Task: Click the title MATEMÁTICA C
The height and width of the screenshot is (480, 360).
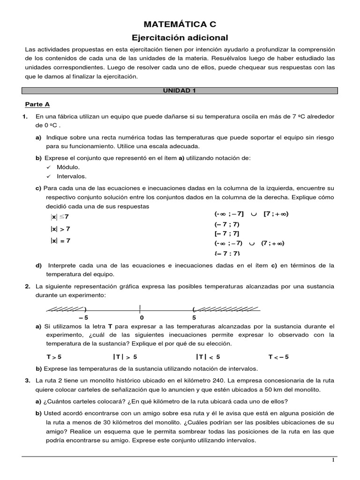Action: click(180, 24)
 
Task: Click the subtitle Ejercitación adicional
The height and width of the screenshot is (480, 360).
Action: click(180, 37)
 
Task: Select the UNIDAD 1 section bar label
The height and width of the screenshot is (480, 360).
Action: click(180, 91)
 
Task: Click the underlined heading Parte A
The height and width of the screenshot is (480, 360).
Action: click(37, 105)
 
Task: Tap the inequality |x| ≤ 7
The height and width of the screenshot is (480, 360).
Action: click(60, 217)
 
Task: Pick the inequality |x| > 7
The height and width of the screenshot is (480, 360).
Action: click(60, 229)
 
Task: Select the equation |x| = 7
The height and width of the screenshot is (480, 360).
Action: click(60, 240)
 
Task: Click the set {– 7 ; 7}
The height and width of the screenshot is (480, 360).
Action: click(227, 254)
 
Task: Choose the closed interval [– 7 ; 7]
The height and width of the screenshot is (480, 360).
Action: click(227, 233)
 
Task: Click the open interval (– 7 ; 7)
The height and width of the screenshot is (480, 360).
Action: click(227, 224)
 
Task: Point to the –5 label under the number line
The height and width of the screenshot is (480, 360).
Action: click(83, 317)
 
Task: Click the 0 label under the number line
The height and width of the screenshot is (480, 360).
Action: click(142, 317)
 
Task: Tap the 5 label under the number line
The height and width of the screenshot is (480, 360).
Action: click(194, 317)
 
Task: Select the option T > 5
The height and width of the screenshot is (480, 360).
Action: click(54, 357)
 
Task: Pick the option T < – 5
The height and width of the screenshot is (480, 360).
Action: click(278, 357)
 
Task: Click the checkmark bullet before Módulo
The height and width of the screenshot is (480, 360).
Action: click(49, 167)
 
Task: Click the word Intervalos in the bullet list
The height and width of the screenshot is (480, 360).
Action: click(72, 176)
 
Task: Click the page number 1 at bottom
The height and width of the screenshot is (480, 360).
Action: click(333, 460)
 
